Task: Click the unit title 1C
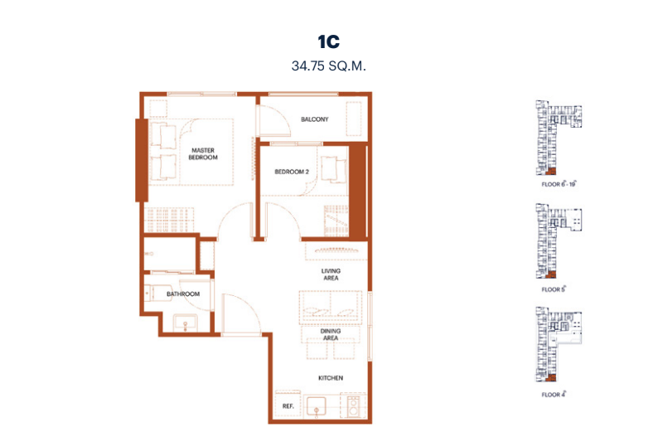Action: point(328,41)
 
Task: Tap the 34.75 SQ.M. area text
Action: point(328,66)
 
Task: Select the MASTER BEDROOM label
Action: point(203,153)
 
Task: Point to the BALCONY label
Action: point(315,119)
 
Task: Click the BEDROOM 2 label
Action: point(292,172)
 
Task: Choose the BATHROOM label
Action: point(183,294)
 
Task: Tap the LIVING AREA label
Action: point(331,274)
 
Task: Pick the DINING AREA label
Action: point(331,334)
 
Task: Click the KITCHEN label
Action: point(331,378)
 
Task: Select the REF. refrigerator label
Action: point(288,406)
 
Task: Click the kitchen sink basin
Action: point(317,406)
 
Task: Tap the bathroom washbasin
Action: point(185,323)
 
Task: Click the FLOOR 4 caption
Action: point(554,394)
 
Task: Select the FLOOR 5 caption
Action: point(554,289)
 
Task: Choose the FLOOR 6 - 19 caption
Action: point(559,184)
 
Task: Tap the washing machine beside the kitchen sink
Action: point(353,406)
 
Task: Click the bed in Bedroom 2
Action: point(334,170)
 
